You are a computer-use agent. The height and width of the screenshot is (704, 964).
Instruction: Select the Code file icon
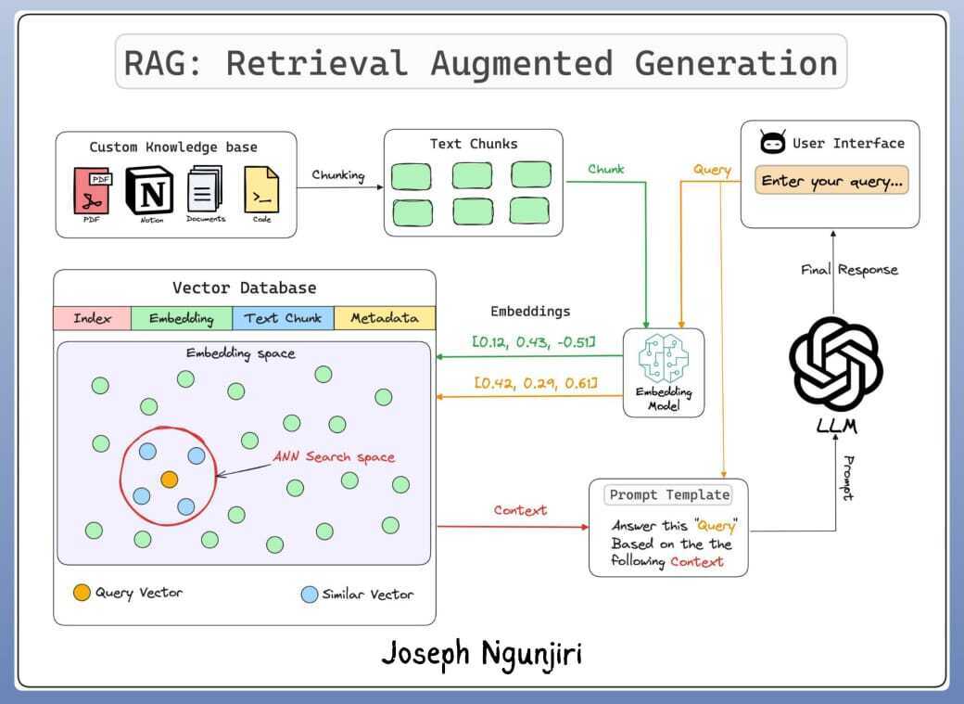point(260,189)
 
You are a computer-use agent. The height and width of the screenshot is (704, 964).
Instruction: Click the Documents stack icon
point(205,189)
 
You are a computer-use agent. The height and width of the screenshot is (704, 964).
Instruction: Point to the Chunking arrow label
point(338,174)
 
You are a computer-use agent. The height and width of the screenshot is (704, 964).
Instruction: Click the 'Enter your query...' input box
point(831,182)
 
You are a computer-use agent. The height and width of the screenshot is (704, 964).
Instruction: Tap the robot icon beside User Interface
point(772,144)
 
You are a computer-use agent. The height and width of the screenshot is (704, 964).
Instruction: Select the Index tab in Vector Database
point(92,318)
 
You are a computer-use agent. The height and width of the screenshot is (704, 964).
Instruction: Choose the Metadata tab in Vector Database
point(384,318)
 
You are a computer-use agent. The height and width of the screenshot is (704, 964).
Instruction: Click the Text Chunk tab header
point(283,318)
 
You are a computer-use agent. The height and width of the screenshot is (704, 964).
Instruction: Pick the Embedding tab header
point(181,318)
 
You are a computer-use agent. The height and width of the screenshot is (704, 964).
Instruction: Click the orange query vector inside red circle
point(169,480)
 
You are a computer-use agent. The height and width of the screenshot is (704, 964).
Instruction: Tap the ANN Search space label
point(334,457)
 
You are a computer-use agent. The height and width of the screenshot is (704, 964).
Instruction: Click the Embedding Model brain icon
point(664,357)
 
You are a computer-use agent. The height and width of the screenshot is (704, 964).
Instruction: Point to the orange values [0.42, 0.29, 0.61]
point(535,382)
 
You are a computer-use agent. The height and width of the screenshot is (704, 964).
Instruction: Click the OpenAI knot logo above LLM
point(835,363)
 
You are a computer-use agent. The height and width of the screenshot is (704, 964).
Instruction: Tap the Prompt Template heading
point(668,495)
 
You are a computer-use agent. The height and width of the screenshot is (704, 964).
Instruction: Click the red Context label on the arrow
point(520,510)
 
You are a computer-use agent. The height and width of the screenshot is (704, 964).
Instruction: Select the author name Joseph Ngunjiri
point(482,653)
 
